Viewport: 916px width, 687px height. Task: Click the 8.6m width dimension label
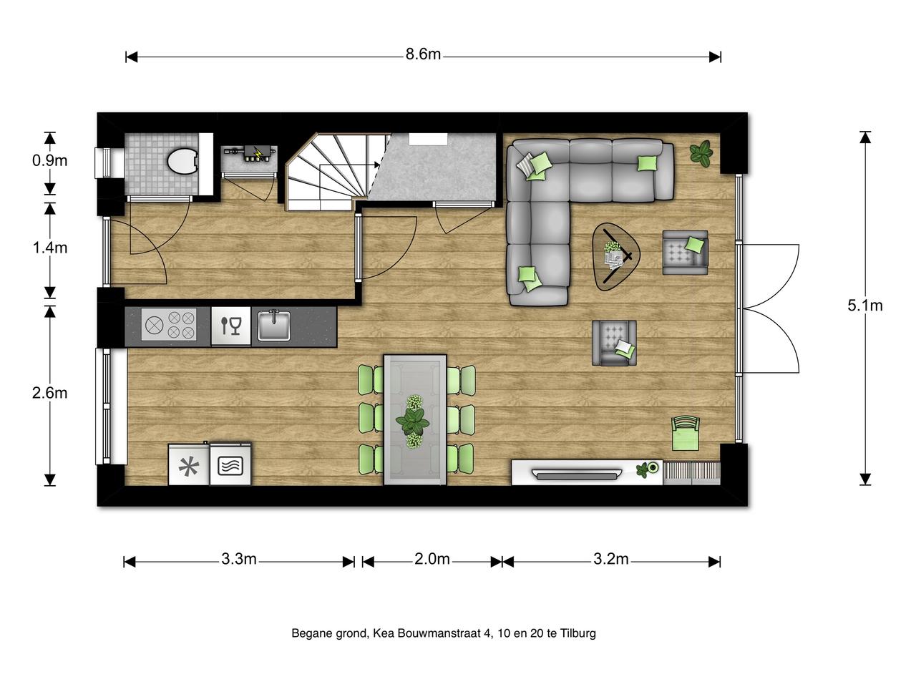tap(423, 54)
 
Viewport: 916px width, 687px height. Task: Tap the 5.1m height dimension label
tap(864, 306)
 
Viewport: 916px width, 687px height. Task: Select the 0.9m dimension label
tap(49, 160)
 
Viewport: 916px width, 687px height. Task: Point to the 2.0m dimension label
tap(432, 559)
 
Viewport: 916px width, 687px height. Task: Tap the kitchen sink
tap(273, 326)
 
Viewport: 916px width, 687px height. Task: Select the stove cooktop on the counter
tap(169, 325)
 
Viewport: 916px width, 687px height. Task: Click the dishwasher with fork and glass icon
tap(230, 326)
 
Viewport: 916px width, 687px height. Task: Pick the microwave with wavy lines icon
tap(230, 464)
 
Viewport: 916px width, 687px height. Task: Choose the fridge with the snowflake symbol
tap(189, 465)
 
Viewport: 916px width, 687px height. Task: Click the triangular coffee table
tap(615, 256)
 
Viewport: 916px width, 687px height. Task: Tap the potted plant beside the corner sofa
tap(701, 153)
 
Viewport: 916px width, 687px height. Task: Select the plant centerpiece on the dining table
tap(413, 422)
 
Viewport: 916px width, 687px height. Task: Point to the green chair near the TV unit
tap(686, 434)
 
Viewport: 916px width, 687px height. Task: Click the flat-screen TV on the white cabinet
tap(576, 474)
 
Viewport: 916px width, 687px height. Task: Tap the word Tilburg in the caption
tap(578, 633)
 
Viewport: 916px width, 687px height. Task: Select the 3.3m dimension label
tap(239, 559)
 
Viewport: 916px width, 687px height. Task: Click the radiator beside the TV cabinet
tap(691, 473)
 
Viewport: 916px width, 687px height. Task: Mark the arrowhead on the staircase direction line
tap(377, 165)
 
